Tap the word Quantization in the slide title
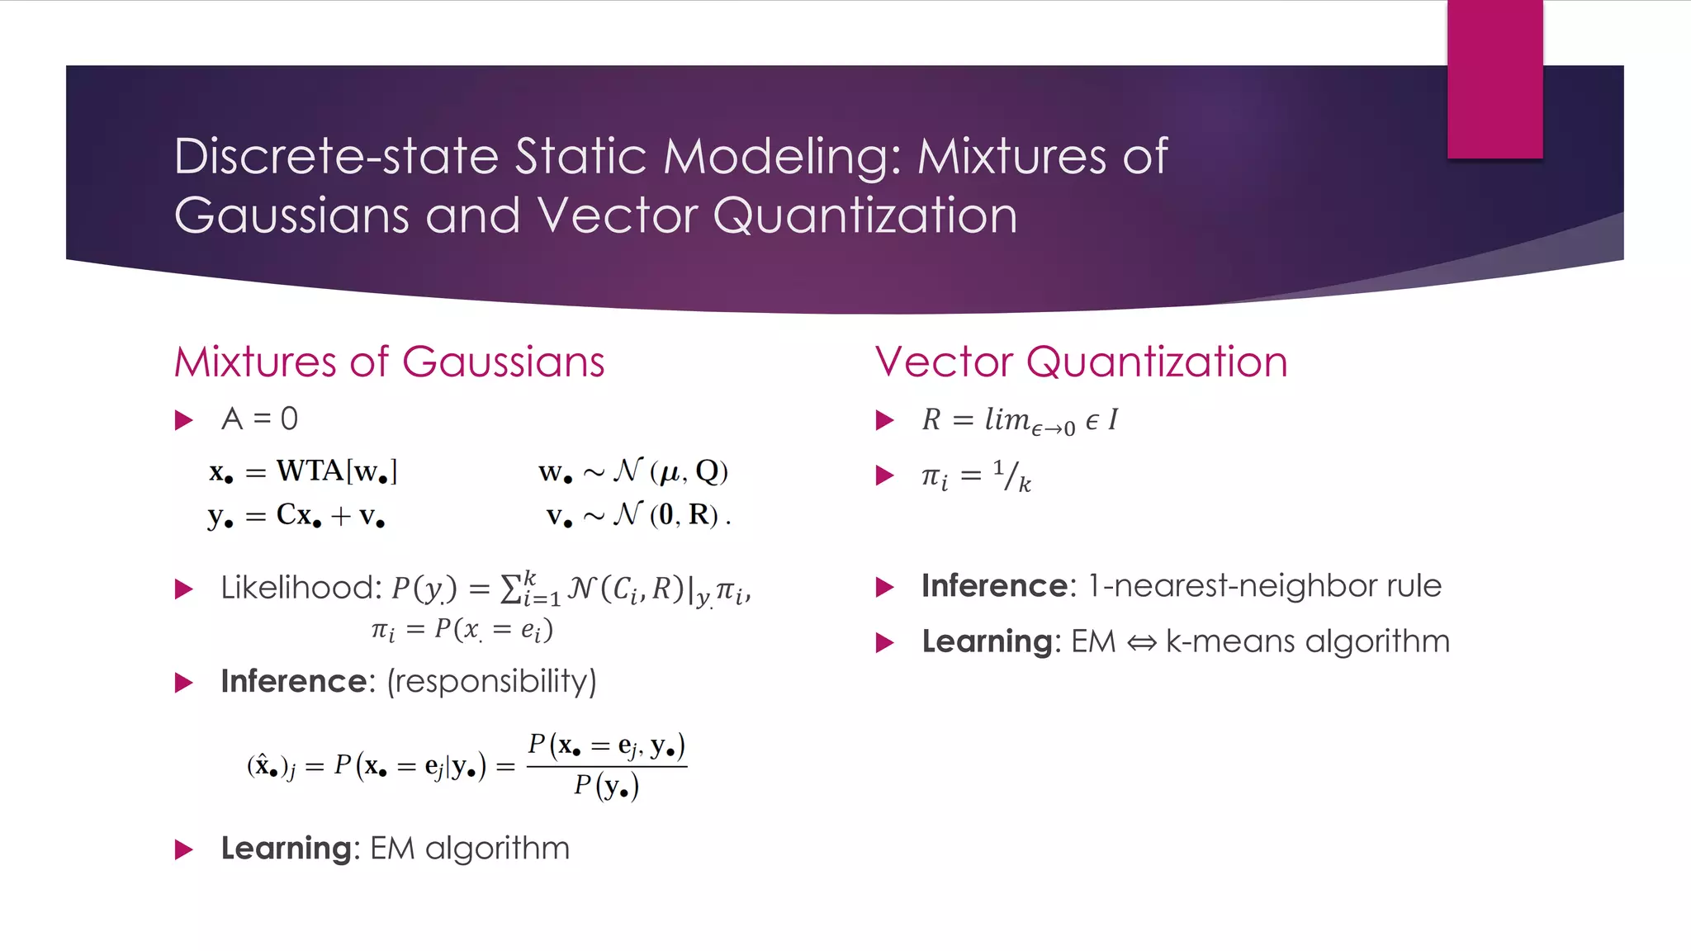(x=864, y=215)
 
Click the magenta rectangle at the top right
(x=1494, y=78)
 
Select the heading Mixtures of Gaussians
(x=389, y=362)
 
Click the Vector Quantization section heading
(x=1081, y=362)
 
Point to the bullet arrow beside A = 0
(x=184, y=420)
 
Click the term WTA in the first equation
(x=310, y=471)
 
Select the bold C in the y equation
(x=287, y=514)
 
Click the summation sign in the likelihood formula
(x=511, y=589)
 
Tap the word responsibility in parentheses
(x=491, y=681)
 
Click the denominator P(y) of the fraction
(x=607, y=786)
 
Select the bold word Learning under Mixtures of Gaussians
(x=287, y=849)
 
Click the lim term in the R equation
(x=1007, y=419)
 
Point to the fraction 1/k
(x=1012, y=475)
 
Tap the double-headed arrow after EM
(x=1142, y=642)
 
